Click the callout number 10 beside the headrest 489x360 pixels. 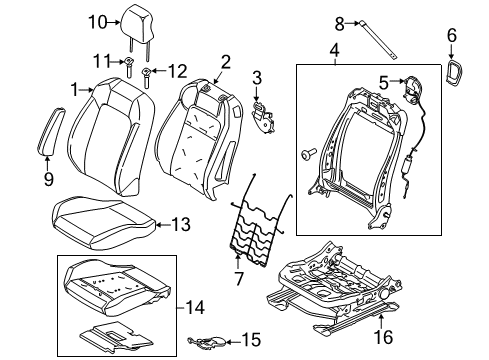[124, 20]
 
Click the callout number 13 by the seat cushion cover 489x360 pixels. [181, 224]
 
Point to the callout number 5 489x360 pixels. [382, 83]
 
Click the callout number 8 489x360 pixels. [367, 21]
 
